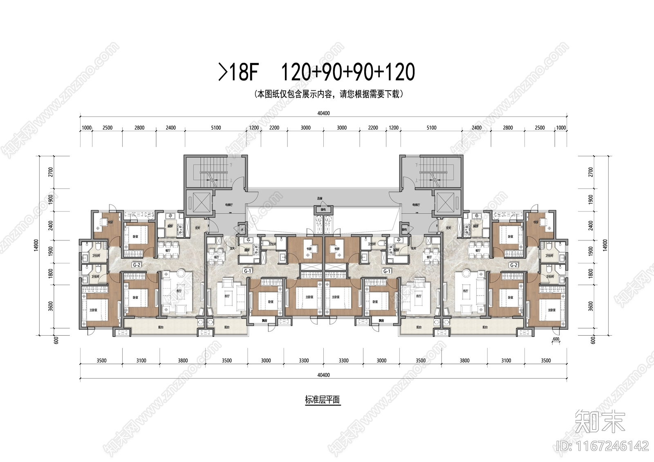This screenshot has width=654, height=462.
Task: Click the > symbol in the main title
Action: [x=223, y=72]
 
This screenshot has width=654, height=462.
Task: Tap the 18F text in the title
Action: [x=244, y=72]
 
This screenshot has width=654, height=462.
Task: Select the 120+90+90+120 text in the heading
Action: [x=348, y=72]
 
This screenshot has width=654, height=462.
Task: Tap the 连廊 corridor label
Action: [x=320, y=198]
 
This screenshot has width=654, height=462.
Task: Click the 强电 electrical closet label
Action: [x=323, y=210]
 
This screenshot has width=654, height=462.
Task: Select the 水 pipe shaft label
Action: [x=242, y=229]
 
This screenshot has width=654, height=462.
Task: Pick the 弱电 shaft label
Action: [x=405, y=229]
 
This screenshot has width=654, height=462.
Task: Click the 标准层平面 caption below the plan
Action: [x=323, y=400]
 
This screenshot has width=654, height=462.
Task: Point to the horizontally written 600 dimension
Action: [x=556, y=339]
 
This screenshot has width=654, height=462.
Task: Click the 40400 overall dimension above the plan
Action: [x=323, y=113]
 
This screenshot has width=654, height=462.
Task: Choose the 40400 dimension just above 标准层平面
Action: [x=323, y=375]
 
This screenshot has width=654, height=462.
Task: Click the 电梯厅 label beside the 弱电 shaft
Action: [x=416, y=204]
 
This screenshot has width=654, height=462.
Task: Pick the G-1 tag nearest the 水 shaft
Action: [x=248, y=271]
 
